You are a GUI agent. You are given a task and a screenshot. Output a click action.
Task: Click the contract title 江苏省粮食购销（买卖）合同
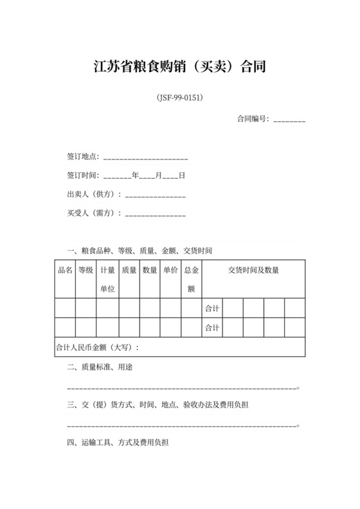(179, 66)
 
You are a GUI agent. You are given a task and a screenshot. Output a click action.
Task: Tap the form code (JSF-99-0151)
(180, 98)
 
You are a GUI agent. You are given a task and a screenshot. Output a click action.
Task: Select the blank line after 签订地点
(145, 157)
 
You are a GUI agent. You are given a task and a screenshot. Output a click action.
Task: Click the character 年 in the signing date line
(135, 175)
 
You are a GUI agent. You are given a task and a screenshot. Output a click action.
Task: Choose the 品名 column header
(65, 271)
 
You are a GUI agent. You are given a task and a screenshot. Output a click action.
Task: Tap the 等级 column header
(86, 271)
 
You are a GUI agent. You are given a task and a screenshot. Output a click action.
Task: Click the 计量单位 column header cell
(107, 280)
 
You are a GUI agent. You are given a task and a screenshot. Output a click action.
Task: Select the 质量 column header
(129, 271)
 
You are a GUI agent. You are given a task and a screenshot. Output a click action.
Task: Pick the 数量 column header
(150, 271)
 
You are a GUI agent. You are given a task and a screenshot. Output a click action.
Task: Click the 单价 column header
(170, 271)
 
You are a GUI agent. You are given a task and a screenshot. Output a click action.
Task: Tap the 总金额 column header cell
(191, 280)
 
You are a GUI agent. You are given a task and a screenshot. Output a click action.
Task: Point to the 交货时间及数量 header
(253, 271)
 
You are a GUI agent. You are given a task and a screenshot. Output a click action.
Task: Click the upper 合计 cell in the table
(212, 309)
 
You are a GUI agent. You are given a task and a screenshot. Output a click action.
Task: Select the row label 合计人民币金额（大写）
(98, 348)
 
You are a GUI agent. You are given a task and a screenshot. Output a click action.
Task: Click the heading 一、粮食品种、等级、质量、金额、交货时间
(139, 251)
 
